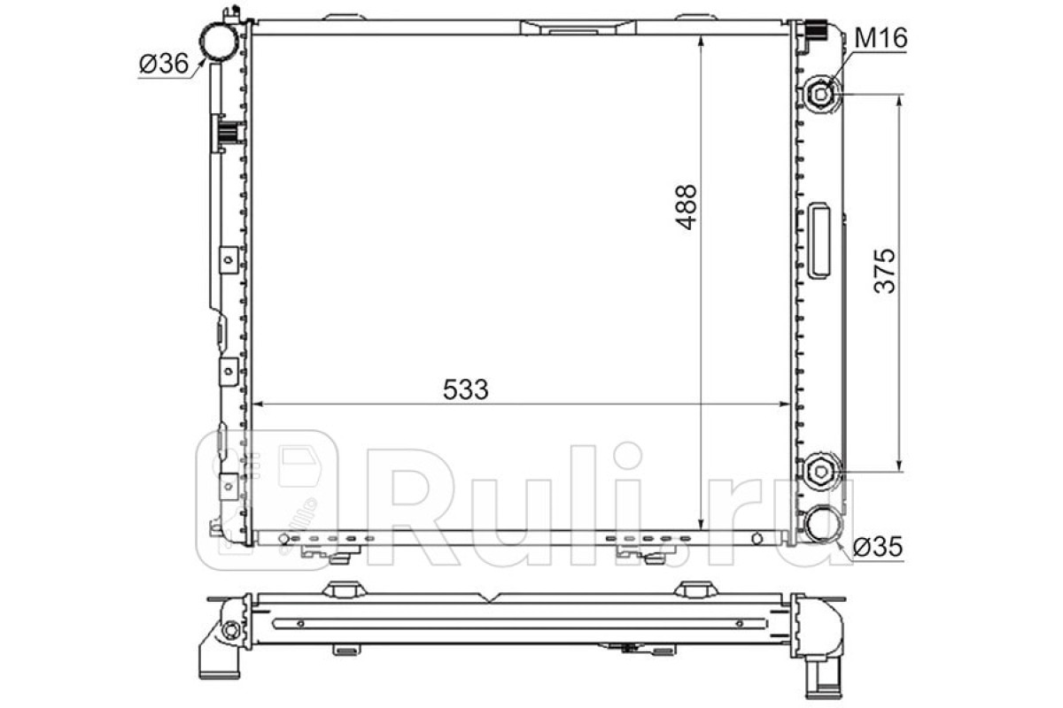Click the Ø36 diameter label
[164, 64]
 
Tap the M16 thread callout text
[881, 38]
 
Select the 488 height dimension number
[687, 207]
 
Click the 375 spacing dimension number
[885, 271]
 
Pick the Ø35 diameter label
[878, 548]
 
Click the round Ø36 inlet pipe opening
[218, 42]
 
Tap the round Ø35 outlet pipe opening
[821, 525]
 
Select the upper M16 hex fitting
[821, 95]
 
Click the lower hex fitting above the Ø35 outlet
[820, 472]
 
